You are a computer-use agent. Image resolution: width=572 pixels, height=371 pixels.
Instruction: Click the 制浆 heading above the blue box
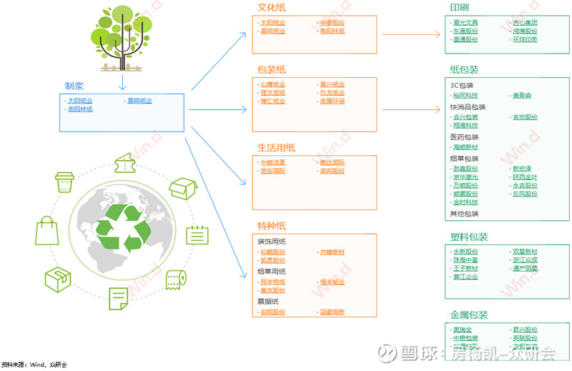74,86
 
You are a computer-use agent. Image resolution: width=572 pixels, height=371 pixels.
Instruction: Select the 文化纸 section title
272,8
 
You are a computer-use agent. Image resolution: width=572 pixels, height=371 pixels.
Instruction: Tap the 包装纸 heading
272,70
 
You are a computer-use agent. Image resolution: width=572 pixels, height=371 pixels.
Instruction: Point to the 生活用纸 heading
276,148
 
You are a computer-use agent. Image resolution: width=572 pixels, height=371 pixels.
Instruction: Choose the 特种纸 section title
272,226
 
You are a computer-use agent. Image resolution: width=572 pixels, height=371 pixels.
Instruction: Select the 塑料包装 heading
469,237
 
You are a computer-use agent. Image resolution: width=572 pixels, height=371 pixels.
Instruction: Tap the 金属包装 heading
469,315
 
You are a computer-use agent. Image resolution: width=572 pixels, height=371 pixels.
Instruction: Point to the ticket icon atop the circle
127,162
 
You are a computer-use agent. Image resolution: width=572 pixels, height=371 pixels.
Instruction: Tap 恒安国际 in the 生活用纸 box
272,171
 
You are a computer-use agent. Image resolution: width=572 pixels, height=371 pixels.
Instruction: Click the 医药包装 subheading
464,137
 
